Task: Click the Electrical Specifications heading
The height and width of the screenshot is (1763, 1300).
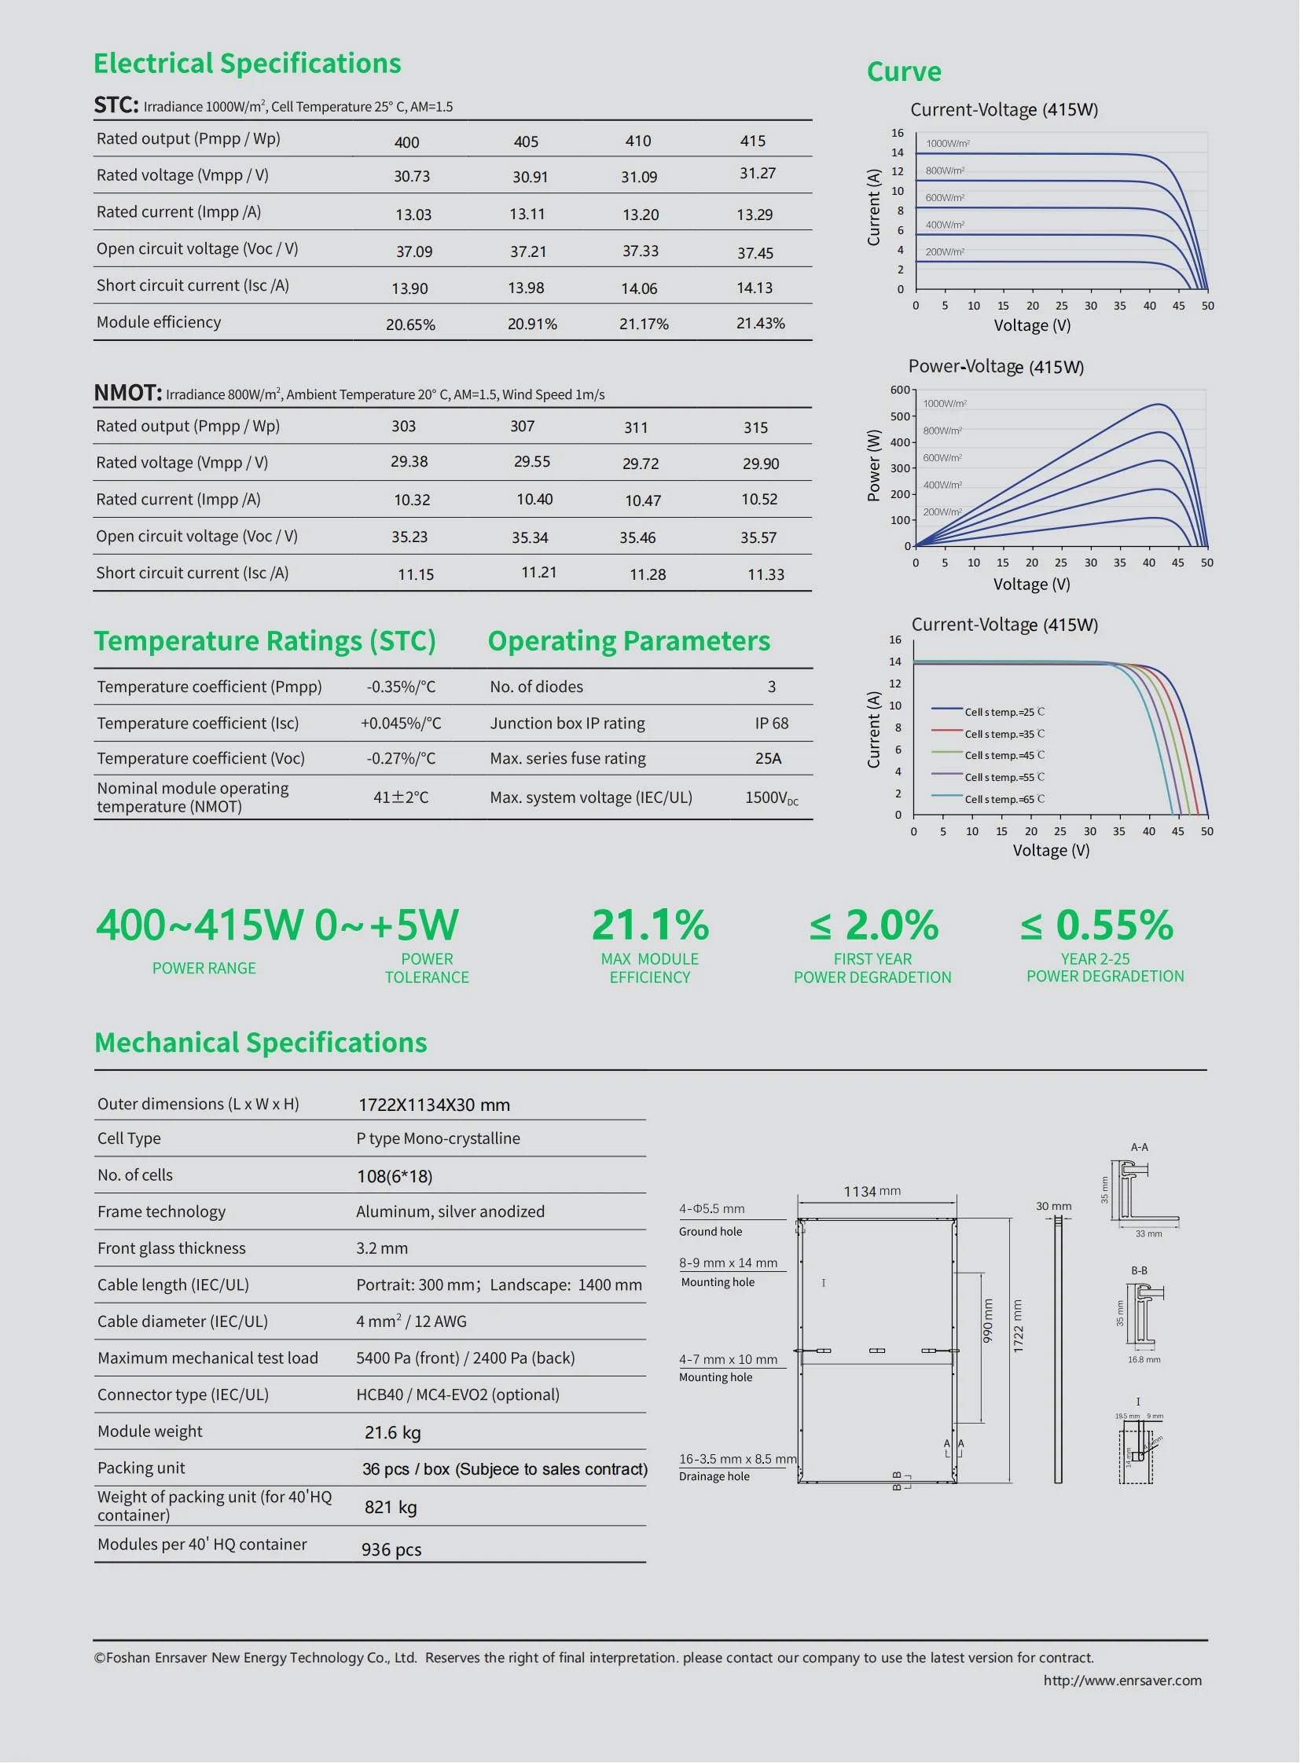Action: [x=247, y=63]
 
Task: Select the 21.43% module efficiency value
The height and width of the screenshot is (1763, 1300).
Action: [x=760, y=324]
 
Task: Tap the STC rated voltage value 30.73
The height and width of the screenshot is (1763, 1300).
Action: [x=412, y=176]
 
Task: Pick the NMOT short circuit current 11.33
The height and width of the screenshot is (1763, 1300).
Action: [x=766, y=574]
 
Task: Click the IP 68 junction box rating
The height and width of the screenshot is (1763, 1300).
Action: [x=771, y=723]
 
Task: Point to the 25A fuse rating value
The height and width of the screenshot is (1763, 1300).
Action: [x=768, y=758]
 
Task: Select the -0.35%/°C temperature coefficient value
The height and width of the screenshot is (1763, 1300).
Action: [x=401, y=687]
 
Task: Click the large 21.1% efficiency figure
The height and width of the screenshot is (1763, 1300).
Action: [x=650, y=925]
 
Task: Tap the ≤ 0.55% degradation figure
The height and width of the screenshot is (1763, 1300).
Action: [x=1096, y=925]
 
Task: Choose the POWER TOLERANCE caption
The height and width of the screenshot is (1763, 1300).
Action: [x=427, y=969]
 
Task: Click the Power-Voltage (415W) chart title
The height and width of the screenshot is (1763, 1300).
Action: [x=996, y=367]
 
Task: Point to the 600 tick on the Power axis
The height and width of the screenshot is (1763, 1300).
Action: [x=899, y=390]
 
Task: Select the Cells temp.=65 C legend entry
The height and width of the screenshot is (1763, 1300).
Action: [x=1004, y=799]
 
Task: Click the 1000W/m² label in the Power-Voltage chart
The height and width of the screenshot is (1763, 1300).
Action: [x=944, y=404]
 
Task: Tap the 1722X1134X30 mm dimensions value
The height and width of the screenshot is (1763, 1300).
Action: [x=434, y=1105]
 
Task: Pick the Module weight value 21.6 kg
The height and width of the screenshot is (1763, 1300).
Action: [x=392, y=1432]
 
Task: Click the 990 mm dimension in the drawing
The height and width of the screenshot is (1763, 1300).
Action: [x=988, y=1321]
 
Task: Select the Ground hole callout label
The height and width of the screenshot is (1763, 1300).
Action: [x=710, y=1232]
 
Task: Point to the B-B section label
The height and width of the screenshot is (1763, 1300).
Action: [x=1139, y=1270]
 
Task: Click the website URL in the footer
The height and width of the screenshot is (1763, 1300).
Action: [x=1122, y=1681]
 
